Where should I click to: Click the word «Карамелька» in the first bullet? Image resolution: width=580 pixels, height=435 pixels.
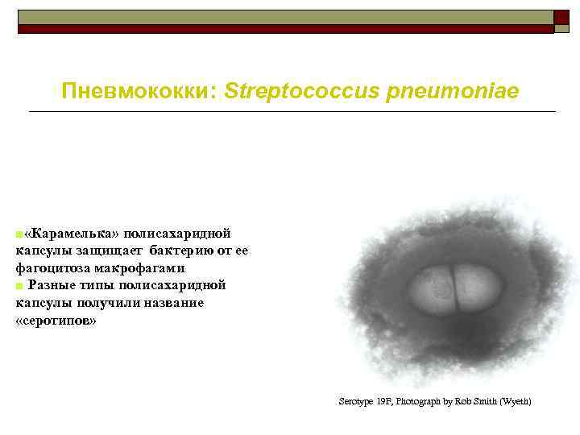(x=72, y=233)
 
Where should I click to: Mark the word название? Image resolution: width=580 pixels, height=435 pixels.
(x=175, y=303)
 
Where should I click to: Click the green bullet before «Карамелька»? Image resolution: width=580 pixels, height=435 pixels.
(x=19, y=234)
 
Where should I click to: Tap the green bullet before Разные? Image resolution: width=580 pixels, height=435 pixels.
(x=19, y=286)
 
